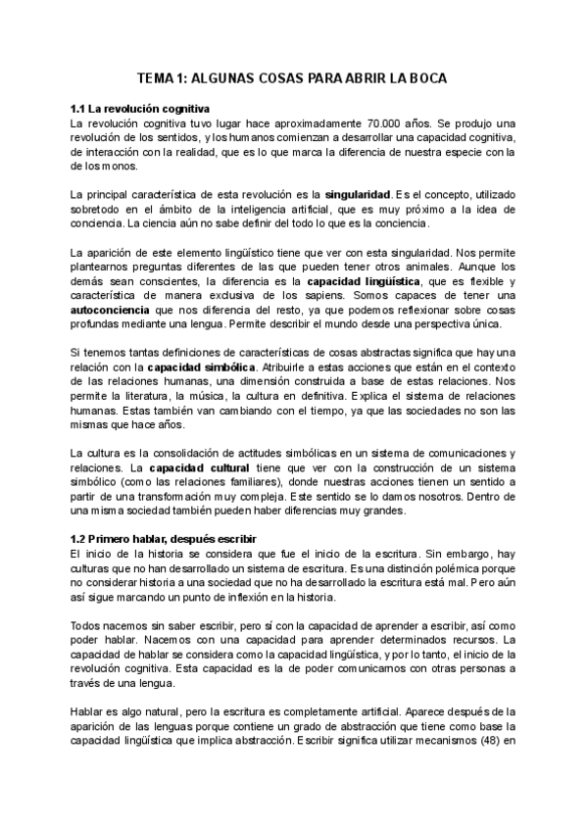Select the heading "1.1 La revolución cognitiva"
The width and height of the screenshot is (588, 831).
click(x=139, y=108)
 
